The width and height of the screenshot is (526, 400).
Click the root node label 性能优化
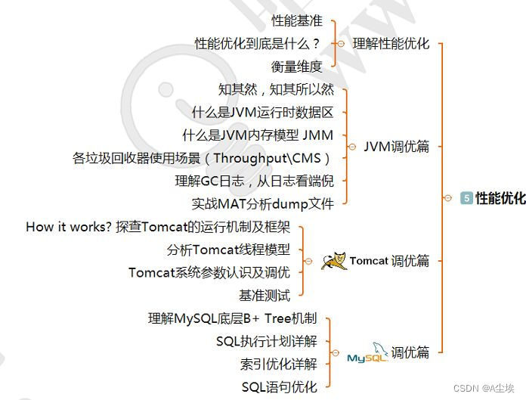coord(500,199)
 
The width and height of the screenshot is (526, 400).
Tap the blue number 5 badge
coord(466,199)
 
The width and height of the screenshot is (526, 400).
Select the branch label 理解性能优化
coord(391,43)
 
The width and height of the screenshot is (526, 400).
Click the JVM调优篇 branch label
coord(396,147)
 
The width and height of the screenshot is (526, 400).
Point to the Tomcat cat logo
coord(333,261)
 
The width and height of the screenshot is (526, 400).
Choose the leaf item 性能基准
coord(297,20)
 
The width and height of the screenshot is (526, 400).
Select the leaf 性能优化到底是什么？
coord(258,43)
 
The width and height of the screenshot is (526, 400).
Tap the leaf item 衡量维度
coord(297,66)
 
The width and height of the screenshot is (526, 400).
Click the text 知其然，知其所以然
coord(276,89)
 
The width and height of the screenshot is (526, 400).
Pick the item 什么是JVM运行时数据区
coord(262,112)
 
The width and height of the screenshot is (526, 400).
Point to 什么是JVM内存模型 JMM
coord(258,135)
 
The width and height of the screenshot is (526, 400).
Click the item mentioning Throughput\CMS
coord(203,158)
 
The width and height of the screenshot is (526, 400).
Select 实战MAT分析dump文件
coord(262,203)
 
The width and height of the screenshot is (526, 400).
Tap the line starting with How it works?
coord(158,227)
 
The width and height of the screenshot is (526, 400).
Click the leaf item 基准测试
coord(265,296)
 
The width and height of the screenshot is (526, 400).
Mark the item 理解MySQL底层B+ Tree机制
coord(233,318)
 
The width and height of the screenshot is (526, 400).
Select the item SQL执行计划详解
coord(266,341)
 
